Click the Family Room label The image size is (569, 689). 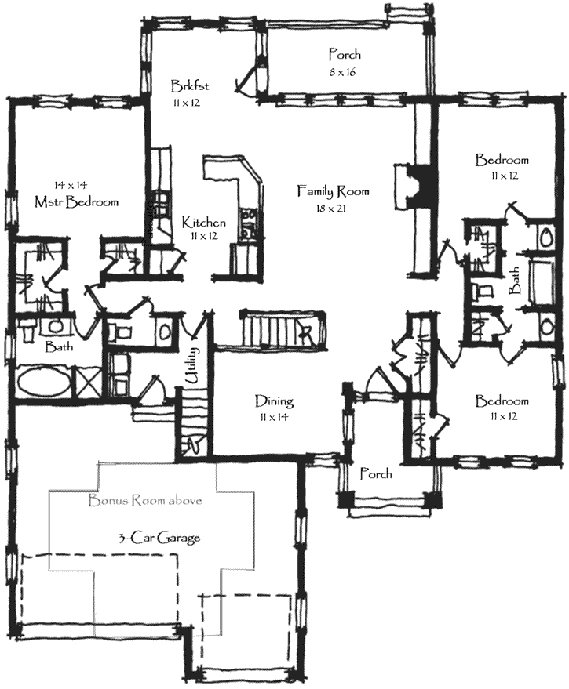[x=333, y=190]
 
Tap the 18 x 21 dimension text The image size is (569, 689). [x=333, y=209]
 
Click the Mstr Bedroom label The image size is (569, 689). [x=77, y=201]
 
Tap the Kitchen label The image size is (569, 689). [x=204, y=221]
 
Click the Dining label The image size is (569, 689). [x=274, y=401]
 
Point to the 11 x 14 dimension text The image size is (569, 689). [x=274, y=419]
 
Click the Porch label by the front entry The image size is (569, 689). [x=376, y=474]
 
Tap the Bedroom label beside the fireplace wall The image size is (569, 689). [x=502, y=160]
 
